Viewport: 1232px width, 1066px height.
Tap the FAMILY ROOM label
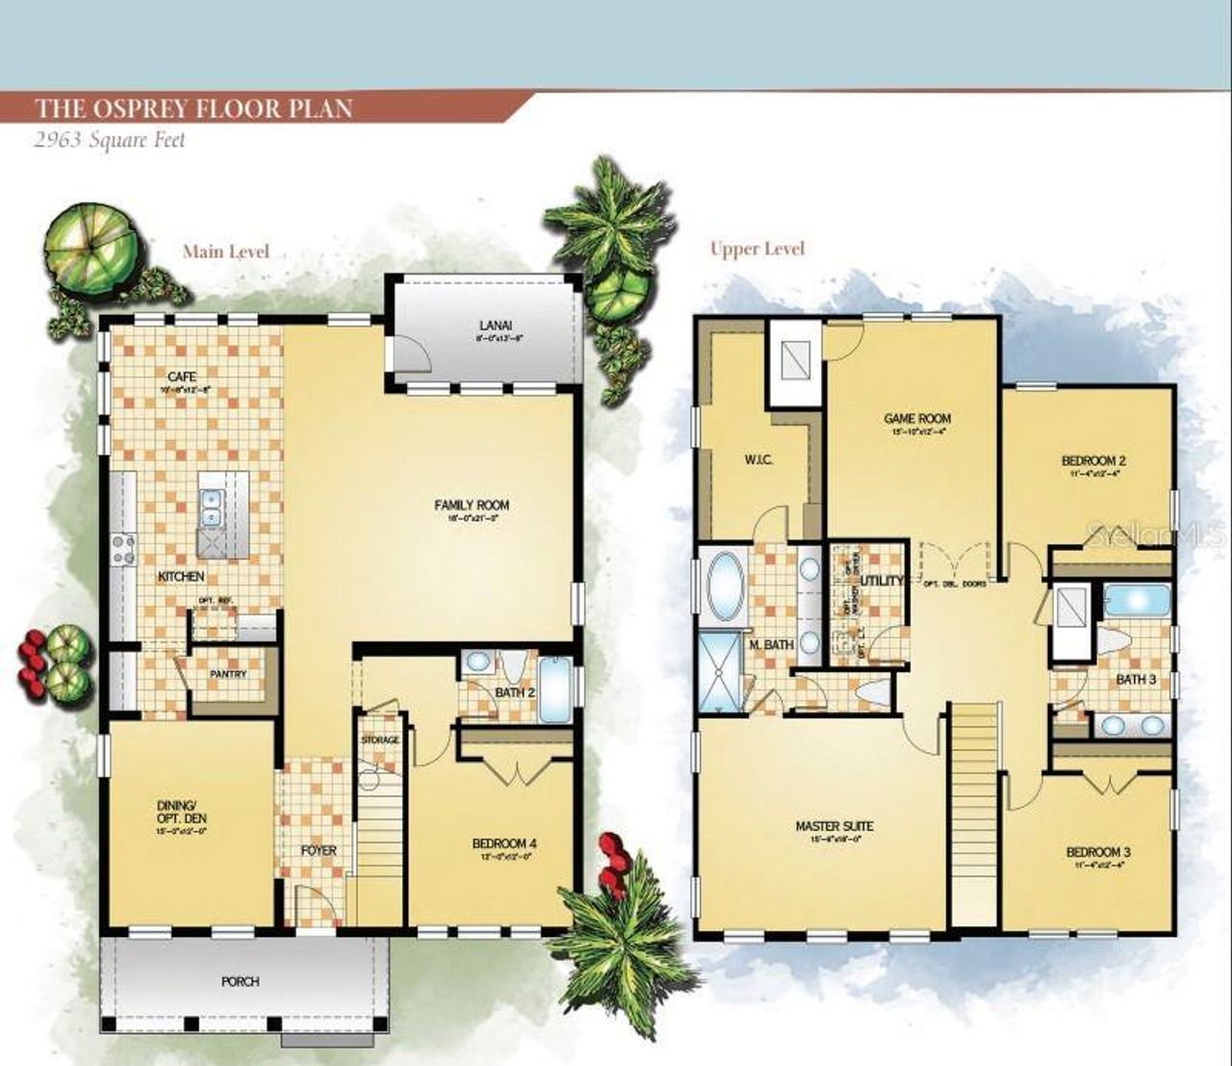tap(472, 505)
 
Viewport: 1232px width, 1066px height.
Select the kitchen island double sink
tap(209, 507)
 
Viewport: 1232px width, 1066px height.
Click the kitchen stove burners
tap(123, 548)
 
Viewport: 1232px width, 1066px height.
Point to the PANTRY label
tap(228, 674)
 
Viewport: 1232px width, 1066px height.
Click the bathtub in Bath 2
tap(555, 689)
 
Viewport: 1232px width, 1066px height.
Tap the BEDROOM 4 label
tap(504, 845)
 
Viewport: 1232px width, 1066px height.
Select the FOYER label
tap(319, 850)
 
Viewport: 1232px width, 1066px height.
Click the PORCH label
tap(240, 981)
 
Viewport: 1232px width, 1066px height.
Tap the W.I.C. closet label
tap(758, 459)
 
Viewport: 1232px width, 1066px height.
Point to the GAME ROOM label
tap(917, 419)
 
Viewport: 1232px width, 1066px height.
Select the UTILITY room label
tap(882, 581)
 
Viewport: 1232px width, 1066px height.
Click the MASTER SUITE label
tap(834, 826)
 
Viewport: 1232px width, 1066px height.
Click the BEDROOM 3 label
tap(1098, 852)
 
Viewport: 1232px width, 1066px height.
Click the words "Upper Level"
tap(757, 248)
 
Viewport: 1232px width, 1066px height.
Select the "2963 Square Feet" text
tap(110, 140)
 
